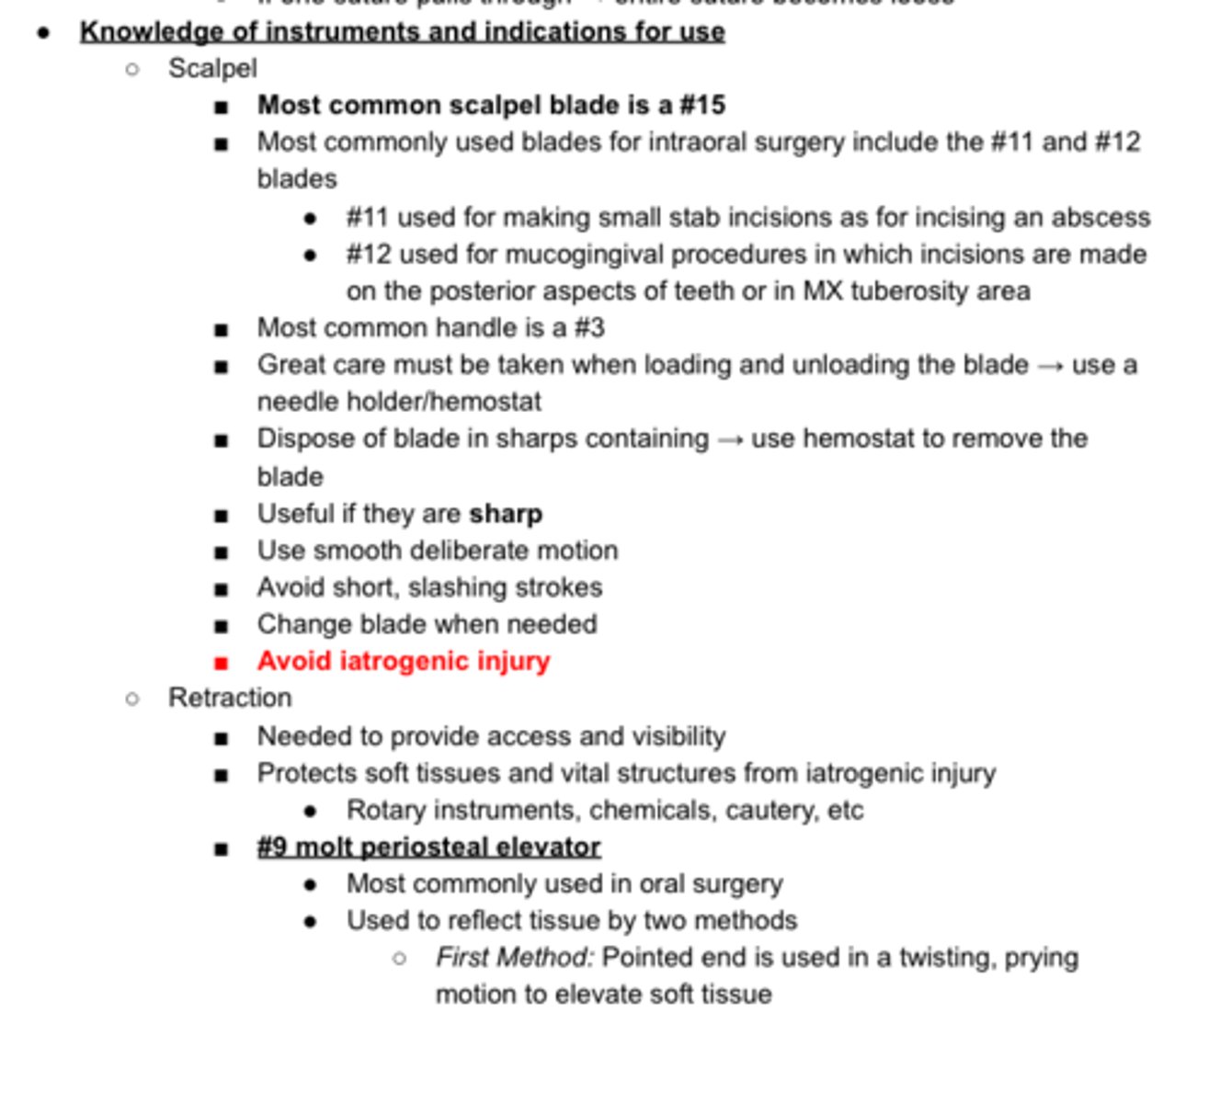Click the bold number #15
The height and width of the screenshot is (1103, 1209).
coord(702,106)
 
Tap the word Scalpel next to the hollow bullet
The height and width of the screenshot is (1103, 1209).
coord(212,69)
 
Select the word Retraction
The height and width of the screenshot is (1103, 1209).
coord(230,699)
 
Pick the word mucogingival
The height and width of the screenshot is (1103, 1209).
coord(580,255)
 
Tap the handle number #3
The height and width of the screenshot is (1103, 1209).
coord(589,328)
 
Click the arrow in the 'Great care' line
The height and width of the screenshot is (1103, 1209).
coord(1050,366)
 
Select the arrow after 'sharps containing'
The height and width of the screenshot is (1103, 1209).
coord(730,439)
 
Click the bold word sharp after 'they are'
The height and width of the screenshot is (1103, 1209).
coord(506,514)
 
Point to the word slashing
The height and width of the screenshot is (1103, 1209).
coord(456,587)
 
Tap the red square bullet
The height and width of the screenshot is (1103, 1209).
coord(221,663)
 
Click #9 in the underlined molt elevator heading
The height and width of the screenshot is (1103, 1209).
coord(273,847)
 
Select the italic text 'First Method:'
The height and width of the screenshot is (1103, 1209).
coord(514,958)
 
